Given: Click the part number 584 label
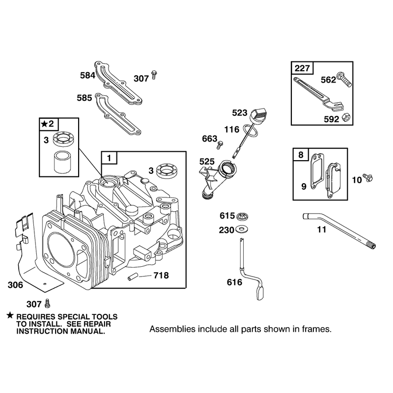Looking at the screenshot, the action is click(x=87, y=75).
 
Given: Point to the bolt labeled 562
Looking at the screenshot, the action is click(x=344, y=80).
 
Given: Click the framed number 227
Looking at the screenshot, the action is click(x=302, y=68).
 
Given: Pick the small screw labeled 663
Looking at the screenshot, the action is click(x=220, y=145).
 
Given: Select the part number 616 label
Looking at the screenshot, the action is click(x=234, y=282).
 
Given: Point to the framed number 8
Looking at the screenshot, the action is click(x=301, y=155).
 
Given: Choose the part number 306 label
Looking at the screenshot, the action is click(x=15, y=285).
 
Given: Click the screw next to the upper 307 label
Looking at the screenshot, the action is click(x=154, y=75).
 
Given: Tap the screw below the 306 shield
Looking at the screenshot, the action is click(x=47, y=304).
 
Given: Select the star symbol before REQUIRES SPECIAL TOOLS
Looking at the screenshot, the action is click(x=10, y=315).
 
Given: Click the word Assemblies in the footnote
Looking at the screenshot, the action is click(x=172, y=329).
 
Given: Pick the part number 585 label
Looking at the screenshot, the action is click(x=84, y=98).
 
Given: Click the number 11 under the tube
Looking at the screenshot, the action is click(x=322, y=229).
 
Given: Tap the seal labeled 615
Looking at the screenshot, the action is click(x=242, y=216).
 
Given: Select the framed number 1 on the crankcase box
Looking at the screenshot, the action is click(x=109, y=158).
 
